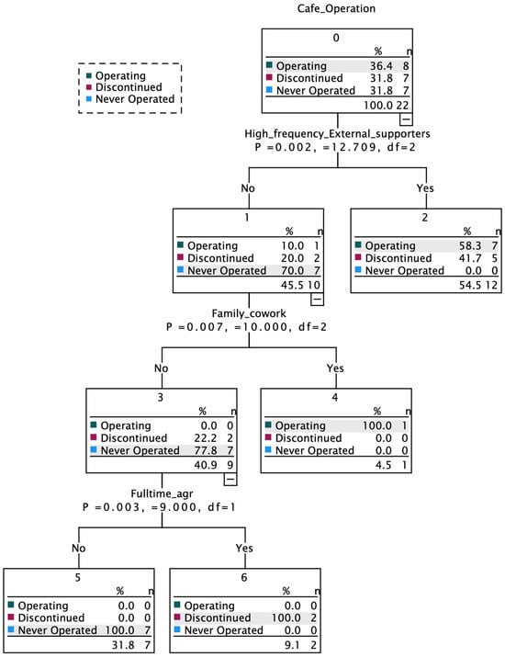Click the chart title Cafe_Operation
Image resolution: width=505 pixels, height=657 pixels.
336,8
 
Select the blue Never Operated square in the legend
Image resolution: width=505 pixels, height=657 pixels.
89,99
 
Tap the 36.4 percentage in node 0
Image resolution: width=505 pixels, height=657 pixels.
381,66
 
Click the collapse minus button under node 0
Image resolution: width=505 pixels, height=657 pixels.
406,119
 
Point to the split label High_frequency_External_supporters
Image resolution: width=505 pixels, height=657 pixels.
337,133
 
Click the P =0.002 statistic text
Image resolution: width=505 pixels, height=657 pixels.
283,147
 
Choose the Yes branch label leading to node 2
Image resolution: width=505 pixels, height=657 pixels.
425,188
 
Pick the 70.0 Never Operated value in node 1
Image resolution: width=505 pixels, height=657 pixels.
292,271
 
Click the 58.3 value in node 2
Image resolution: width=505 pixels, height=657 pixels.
470,245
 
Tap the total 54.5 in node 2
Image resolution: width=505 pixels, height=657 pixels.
470,285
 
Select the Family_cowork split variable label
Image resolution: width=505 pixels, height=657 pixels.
249,313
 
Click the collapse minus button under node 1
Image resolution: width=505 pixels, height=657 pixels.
317,299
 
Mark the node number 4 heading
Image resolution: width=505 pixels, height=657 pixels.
335,397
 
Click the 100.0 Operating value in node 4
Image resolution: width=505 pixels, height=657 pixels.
376,425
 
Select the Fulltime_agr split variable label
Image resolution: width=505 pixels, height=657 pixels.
162,493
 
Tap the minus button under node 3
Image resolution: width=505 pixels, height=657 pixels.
230,479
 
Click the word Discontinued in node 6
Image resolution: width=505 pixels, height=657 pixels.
218,617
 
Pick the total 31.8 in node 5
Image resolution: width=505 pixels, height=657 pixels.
123,645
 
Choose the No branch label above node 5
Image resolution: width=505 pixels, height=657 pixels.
78,548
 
